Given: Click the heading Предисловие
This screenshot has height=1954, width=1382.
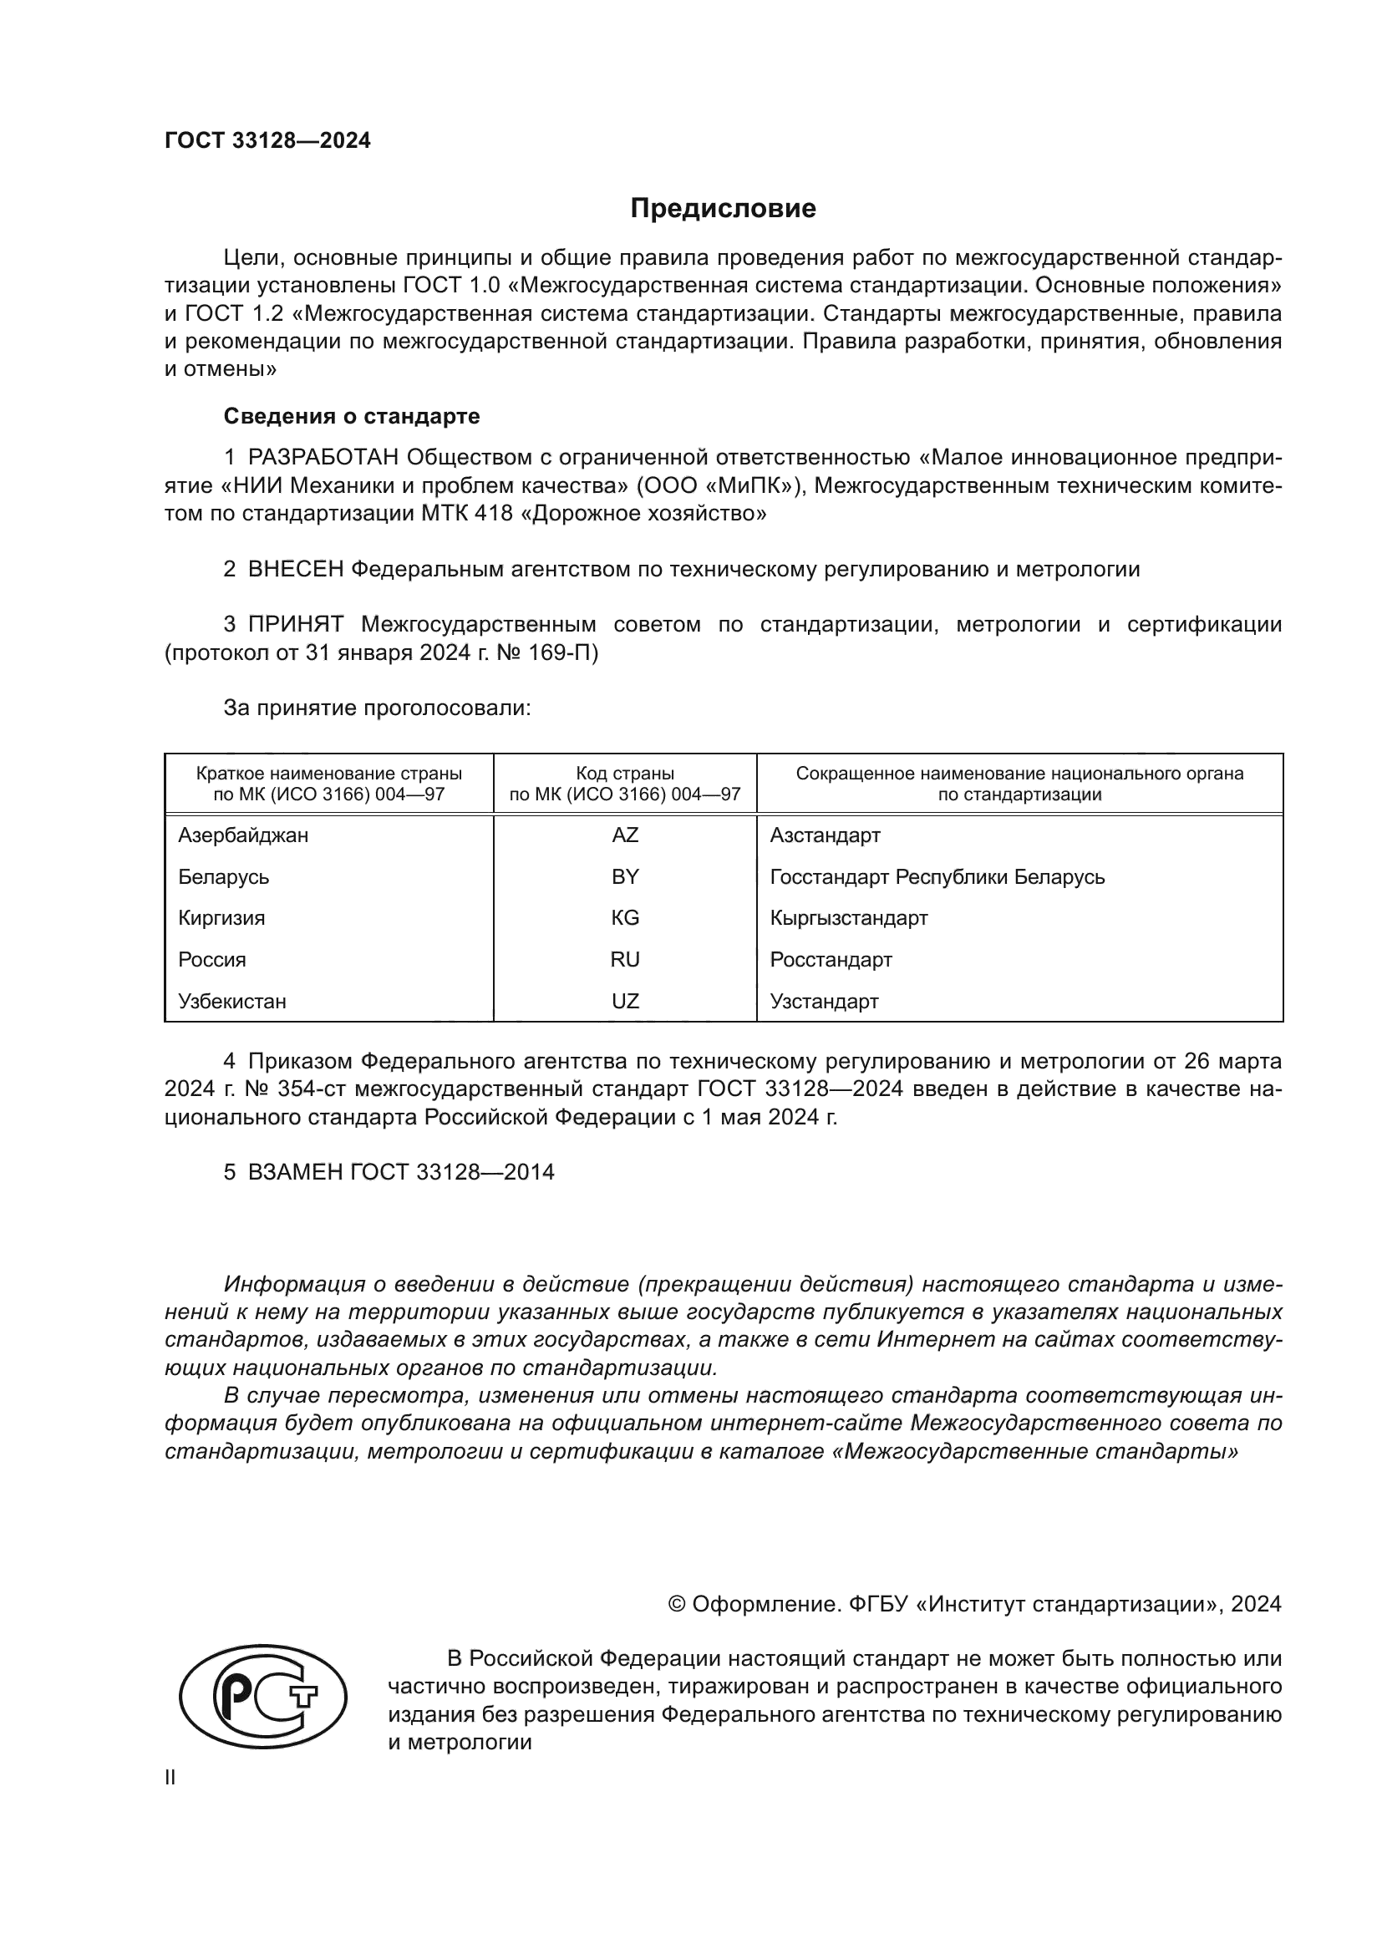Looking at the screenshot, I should click(x=723, y=209).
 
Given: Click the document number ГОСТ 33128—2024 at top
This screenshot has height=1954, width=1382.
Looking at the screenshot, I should click(x=267, y=141).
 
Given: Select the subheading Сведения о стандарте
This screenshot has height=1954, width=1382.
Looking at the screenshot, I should click(x=351, y=416).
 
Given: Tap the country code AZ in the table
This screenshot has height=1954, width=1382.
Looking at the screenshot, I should click(x=625, y=835).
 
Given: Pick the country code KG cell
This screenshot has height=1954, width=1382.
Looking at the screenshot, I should click(x=625, y=917).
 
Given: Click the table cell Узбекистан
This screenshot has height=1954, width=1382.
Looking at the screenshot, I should click(x=231, y=1001).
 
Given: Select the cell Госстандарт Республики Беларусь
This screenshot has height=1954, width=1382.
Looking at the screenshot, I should click(x=937, y=876).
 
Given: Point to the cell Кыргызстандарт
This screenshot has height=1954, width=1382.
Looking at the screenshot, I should click(x=848, y=917).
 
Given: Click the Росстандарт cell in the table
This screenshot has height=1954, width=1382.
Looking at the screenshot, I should click(x=831, y=959).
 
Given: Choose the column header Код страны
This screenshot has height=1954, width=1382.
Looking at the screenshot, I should click(x=625, y=774).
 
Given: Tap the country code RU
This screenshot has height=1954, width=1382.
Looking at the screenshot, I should click(x=625, y=959).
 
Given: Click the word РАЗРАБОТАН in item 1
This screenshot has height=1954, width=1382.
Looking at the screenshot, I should click(x=323, y=458).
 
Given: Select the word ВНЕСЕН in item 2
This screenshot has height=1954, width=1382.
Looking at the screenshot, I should click(x=295, y=570).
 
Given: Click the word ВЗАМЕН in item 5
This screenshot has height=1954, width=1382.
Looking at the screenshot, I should click(x=294, y=1172).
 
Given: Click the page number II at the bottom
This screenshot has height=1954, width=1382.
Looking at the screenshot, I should click(x=170, y=1778).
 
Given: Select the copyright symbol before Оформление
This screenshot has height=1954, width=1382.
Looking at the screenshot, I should click(x=677, y=1604).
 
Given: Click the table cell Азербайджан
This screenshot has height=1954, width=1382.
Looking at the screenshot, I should click(x=242, y=835).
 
